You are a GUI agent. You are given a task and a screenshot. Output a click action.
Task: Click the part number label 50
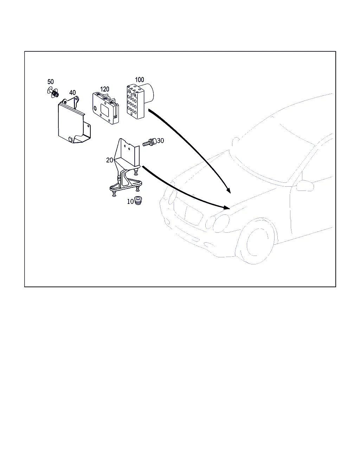tap(51, 82)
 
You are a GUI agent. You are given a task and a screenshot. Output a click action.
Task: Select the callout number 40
tap(72, 92)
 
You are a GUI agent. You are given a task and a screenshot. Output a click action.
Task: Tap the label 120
tap(105, 89)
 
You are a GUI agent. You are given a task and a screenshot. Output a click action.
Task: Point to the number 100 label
tap(139, 80)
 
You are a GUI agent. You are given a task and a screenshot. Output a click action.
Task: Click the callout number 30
tap(160, 141)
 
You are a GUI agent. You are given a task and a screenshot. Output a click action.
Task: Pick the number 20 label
tap(110, 160)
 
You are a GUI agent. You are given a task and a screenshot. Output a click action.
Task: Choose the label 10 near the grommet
tap(130, 201)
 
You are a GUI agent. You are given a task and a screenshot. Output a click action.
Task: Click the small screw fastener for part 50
tap(53, 92)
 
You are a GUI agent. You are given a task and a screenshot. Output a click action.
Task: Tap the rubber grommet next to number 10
tap(138, 200)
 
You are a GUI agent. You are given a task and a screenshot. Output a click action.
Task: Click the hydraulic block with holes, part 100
tap(135, 102)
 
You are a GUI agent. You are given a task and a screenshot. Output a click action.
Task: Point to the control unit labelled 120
tap(105, 108)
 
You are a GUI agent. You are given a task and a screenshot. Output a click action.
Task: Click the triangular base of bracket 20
tap(126, 185)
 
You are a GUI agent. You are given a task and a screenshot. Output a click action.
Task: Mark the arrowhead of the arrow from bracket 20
tap(227, 207)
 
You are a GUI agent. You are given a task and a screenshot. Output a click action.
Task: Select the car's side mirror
tap(305, 185)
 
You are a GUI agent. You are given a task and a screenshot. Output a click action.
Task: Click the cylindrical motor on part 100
tap(149, 93)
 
